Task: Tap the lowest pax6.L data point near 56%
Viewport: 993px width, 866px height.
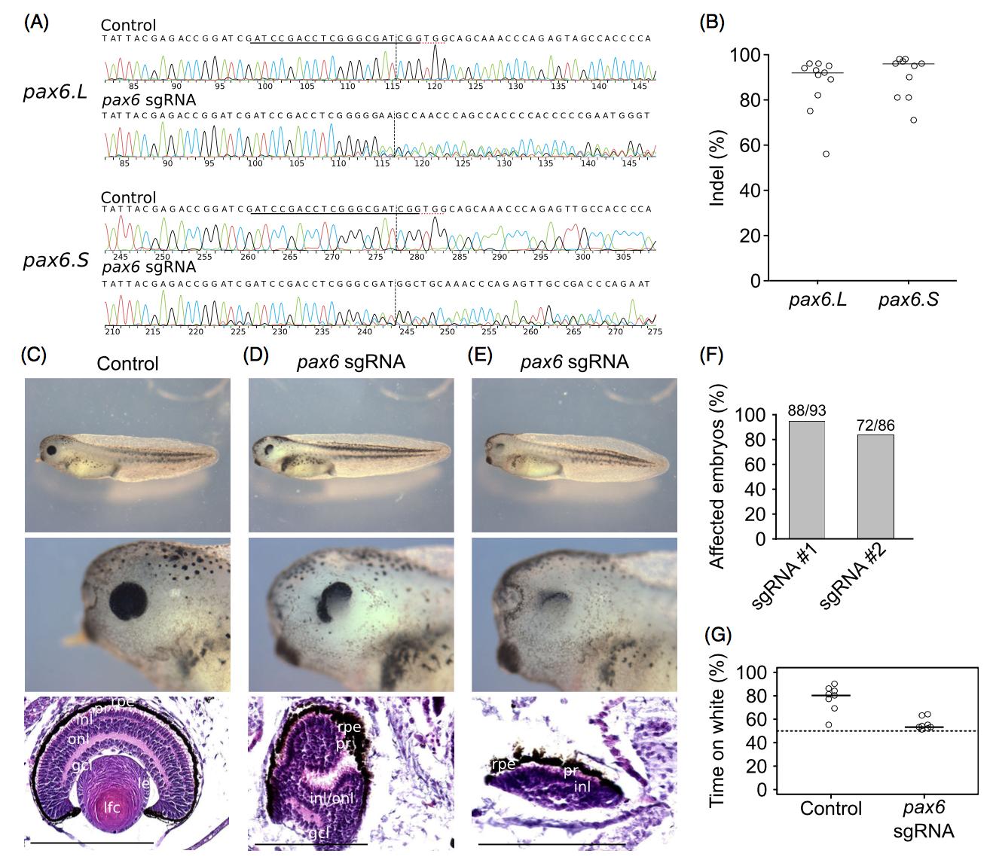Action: (x=826, y=154)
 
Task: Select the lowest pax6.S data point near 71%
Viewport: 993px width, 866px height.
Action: (x=913, y=120)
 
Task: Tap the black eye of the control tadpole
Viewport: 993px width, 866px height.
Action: (x=49, y=450)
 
